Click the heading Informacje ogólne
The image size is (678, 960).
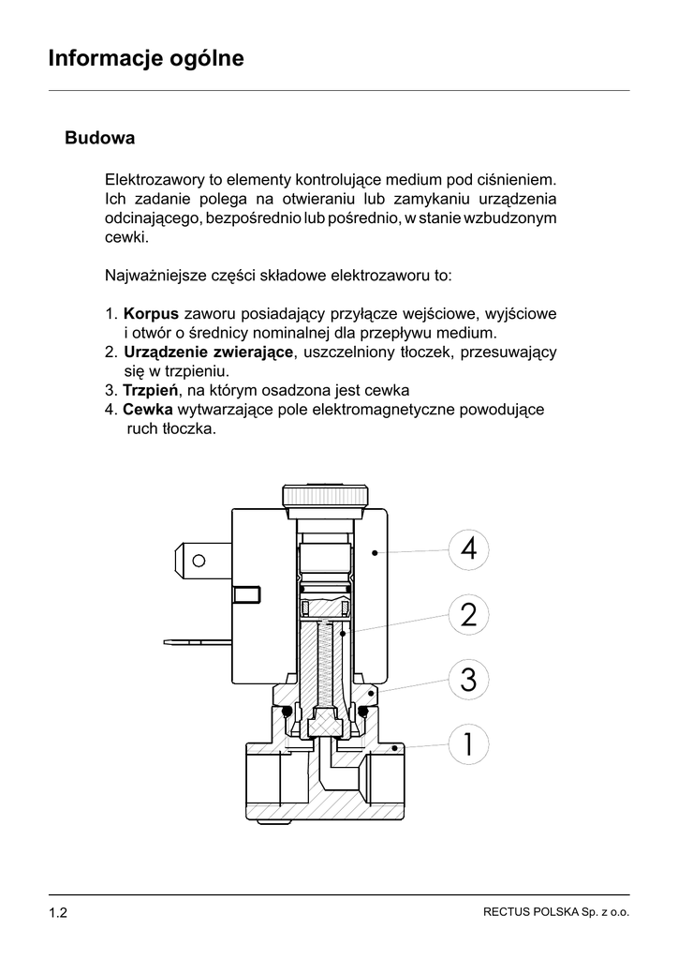[x=146, y=59]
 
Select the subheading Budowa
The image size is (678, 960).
[x=100, y=139]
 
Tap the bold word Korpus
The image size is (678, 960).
[x=151, y=312]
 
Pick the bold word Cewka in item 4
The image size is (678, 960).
[x=147, y=410]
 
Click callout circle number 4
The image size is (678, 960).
[x=468, y=548]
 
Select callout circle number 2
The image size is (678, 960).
[x=468, y=615]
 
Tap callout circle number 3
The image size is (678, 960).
[x=468, y=680]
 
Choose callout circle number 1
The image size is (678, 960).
[x=468, y=745]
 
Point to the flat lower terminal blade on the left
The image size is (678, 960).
[x=197, y=643]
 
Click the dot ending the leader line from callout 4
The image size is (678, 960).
[x=374, y=553]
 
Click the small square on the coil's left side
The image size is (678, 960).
[x=245, y=594]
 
